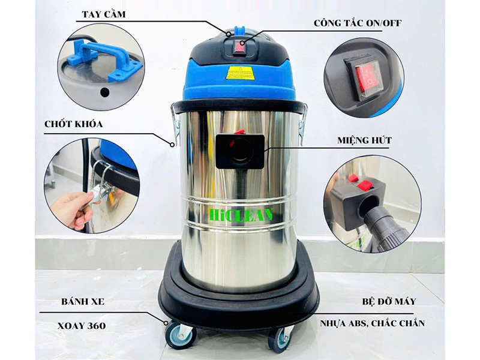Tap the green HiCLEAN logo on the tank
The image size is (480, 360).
point(241,214)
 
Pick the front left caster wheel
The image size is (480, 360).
point(178,334)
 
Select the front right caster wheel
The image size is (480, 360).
point(279,339)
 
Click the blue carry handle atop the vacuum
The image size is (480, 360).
point(239,29)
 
